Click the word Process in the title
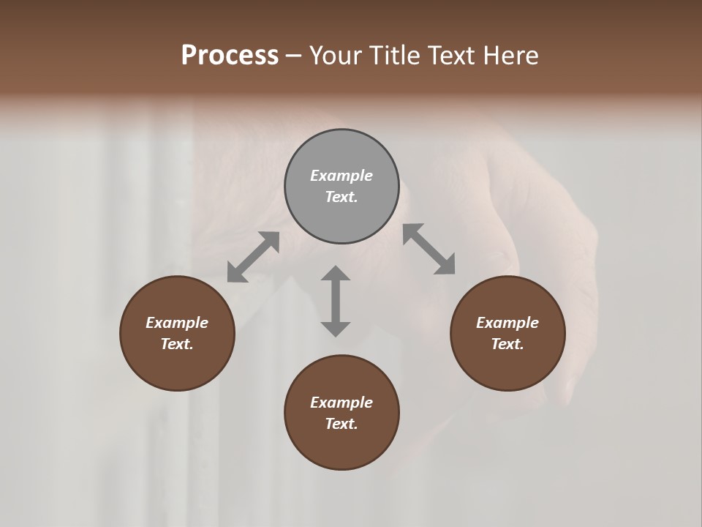[230, 56]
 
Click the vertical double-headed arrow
[336, 301]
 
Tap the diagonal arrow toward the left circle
[253, 257]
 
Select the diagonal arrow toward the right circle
[429, 250]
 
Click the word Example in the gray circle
[341, 176]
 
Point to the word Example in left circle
[177, 323]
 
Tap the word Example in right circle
[507, 323]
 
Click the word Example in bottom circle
[341, 403]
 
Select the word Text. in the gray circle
[341, 197]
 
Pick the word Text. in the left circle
[177, 344]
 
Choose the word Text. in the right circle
[507, 344]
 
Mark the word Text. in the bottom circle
[341, 424]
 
